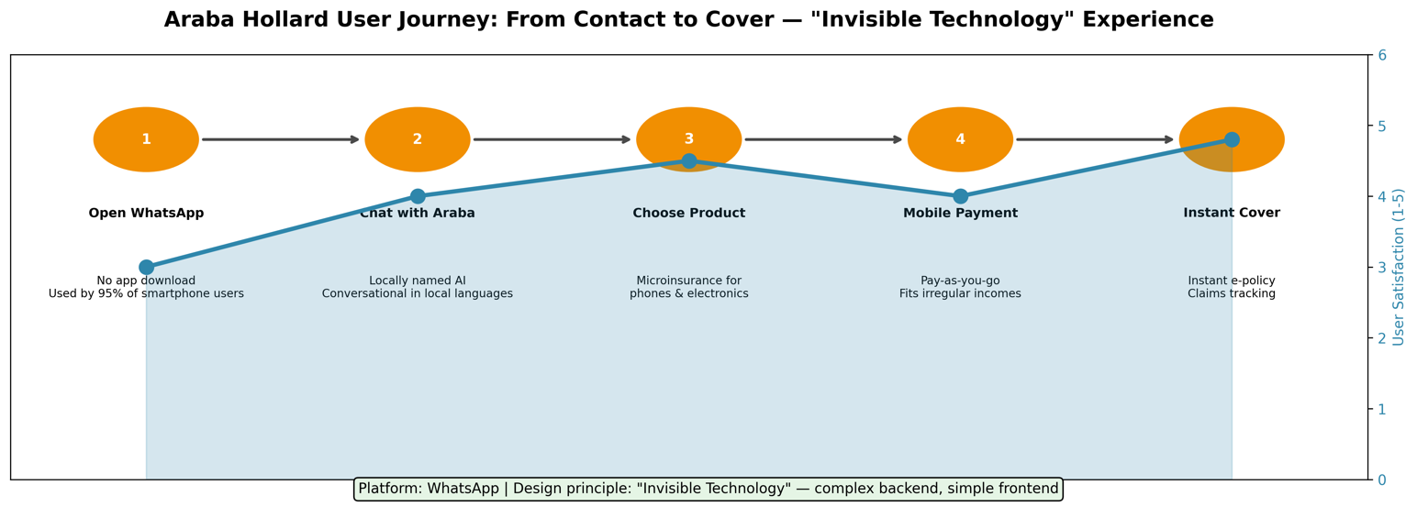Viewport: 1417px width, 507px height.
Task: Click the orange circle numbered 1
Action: point(146,139)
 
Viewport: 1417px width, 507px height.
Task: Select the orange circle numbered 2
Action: point(418,139)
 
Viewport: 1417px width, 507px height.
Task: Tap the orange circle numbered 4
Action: point(960,139)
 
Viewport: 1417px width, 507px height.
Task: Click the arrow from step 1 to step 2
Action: point(281,139)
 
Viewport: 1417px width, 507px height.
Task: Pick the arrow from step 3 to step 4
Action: point(823,139)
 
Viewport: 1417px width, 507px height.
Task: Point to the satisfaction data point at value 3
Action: point(146,267)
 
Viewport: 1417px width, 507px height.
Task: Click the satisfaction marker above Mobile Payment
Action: point(960,196)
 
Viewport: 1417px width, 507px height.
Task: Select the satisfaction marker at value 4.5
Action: point(689,160)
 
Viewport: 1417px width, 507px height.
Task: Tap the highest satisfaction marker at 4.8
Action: point(1232,139)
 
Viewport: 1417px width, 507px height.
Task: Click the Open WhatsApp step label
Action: point(146,214)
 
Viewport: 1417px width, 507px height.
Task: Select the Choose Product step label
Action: point(689,214)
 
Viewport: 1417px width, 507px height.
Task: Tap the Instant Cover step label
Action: point(1232,214)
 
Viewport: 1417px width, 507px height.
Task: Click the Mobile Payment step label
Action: point(960,214)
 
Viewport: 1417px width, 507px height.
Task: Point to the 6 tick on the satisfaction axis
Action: point(1381,55)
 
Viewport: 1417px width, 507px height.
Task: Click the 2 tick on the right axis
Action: point(1381,338)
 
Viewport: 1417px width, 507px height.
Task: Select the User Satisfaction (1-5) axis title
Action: point(1399,267)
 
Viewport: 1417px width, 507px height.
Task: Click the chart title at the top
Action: point(688,20)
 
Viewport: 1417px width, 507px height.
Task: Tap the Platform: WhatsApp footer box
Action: point(708,489)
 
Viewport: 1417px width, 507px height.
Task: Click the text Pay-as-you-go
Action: point(960,281)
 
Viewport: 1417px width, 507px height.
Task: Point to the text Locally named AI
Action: point(418,281)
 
